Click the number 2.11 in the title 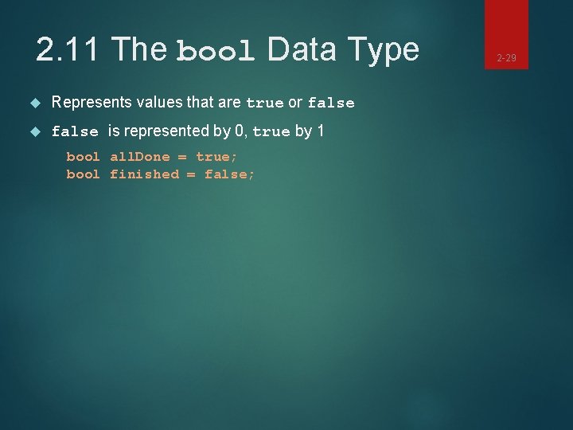(x=68, y=50)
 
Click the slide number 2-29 (x=507, y=58)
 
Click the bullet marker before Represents (x=33, y=103)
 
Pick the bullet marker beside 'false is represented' (x=33, y=131)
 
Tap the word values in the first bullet (x=164, y=103)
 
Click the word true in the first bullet (x=265, y=104)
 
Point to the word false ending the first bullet (x=330, y=104)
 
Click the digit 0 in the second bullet (x=240, y=131)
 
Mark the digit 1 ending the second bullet (x=320, y=131)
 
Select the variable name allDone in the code (x=139, y=157)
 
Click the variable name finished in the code (x=144, y=174)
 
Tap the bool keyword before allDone (x=83, y=157)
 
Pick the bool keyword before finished (x=83, y=174)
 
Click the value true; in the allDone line (x=217, y=157)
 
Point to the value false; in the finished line (x=230, y=174)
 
